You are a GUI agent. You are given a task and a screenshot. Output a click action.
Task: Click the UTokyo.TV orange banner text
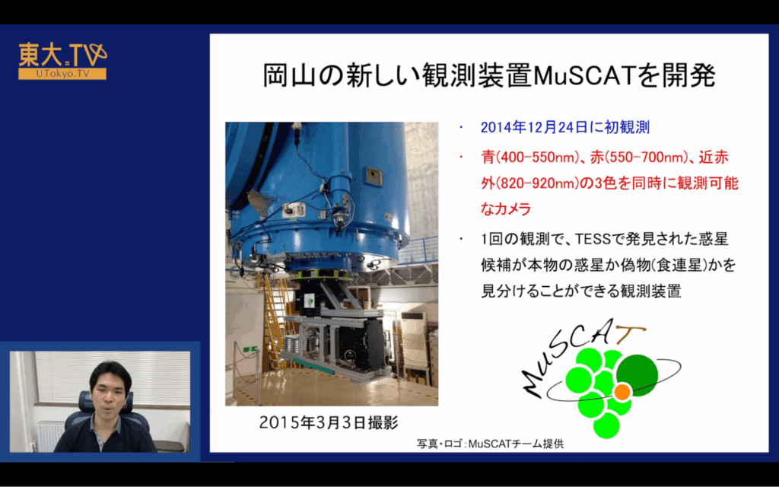pos(62,74)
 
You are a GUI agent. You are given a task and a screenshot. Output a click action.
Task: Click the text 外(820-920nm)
pos(530,183)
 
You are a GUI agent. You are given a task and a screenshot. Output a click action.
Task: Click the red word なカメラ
pos(506,208)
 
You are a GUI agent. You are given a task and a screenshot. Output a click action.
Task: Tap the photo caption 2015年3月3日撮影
pos(329,422)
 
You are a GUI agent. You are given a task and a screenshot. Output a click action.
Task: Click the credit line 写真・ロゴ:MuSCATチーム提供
pos(491,444)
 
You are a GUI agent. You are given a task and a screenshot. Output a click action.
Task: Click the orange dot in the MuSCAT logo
pos(622,392)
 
